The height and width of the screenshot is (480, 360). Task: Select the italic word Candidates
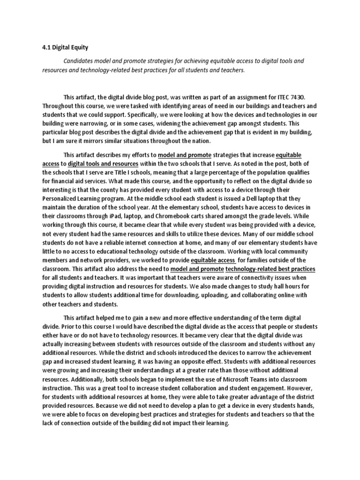[x=80, y=61]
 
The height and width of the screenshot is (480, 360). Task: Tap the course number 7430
[x=296, y=97]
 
